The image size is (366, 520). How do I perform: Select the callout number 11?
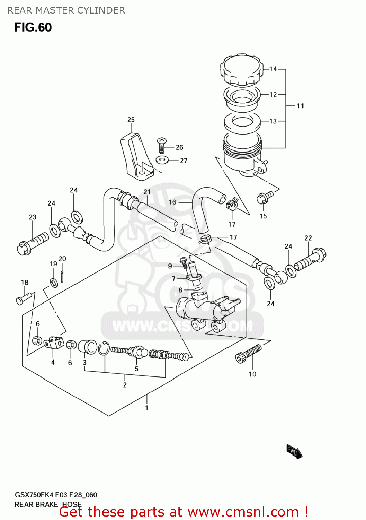[300, 106]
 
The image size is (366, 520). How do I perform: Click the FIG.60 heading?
[33, 27]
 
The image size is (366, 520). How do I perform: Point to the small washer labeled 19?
[54, 283]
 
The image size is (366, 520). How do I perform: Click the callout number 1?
[147, 408]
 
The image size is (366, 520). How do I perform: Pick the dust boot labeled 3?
[87, 347]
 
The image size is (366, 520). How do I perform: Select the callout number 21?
[147, 192]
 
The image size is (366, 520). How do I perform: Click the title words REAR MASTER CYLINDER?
[66, 10]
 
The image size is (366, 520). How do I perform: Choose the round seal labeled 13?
[242, 122]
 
